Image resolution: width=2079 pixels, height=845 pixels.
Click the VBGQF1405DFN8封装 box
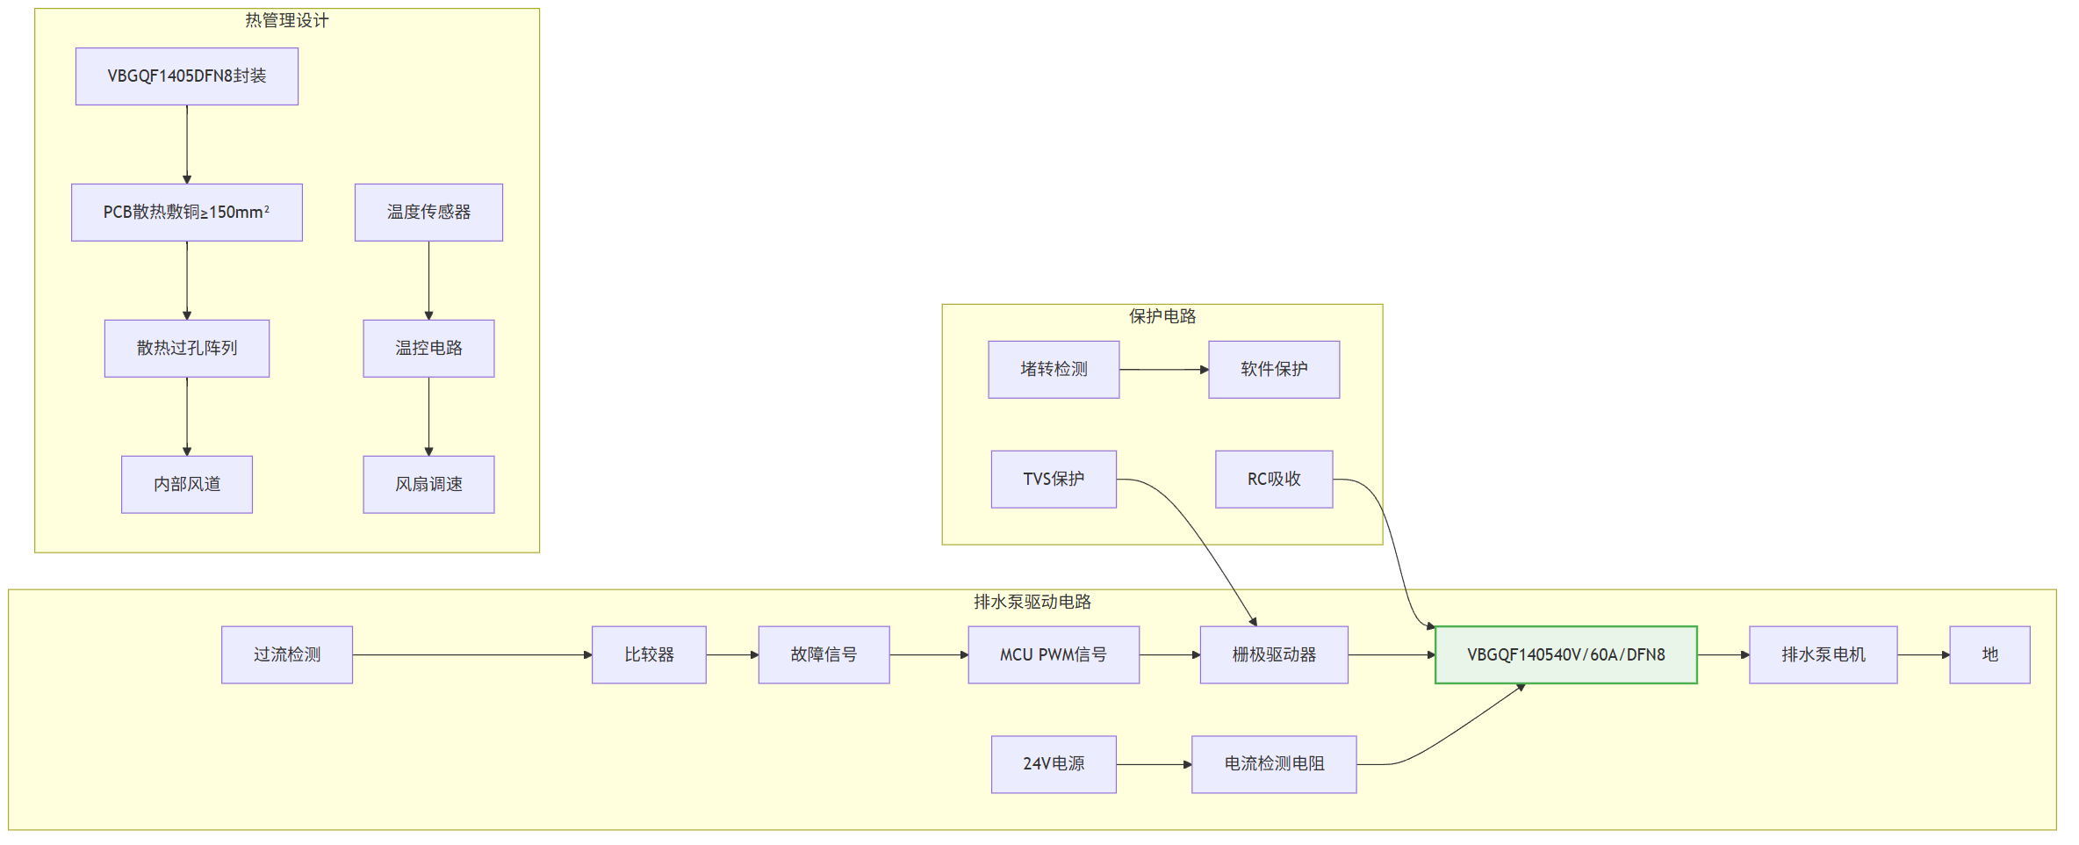187,76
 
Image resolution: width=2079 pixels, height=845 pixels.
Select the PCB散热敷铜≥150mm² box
187,213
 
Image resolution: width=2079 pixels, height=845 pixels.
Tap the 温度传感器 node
428,213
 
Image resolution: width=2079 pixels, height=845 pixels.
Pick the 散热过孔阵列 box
187,349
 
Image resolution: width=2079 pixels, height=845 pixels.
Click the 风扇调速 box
428,485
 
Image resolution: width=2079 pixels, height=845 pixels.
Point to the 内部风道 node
187,485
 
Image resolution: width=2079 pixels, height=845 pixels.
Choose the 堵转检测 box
1054,370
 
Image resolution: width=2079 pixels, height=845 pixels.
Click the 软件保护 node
1274,370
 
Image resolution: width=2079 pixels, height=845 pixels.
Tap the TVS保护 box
1054,480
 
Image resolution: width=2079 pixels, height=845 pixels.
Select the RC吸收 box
1274,480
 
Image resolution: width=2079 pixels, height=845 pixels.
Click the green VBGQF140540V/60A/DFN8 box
1566,655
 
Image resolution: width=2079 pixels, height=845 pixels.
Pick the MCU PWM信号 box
1054,655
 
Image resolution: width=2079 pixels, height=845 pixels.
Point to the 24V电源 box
1054,765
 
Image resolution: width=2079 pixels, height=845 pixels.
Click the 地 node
1989,655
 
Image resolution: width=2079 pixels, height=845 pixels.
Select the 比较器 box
649,655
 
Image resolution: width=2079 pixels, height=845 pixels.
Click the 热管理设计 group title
287,20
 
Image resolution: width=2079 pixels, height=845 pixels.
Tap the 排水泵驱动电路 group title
1032,602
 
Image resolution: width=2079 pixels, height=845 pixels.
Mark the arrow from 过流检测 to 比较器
472,655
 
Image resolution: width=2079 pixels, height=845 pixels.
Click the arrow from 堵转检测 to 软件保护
1164,370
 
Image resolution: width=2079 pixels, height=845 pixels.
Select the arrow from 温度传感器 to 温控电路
428,281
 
